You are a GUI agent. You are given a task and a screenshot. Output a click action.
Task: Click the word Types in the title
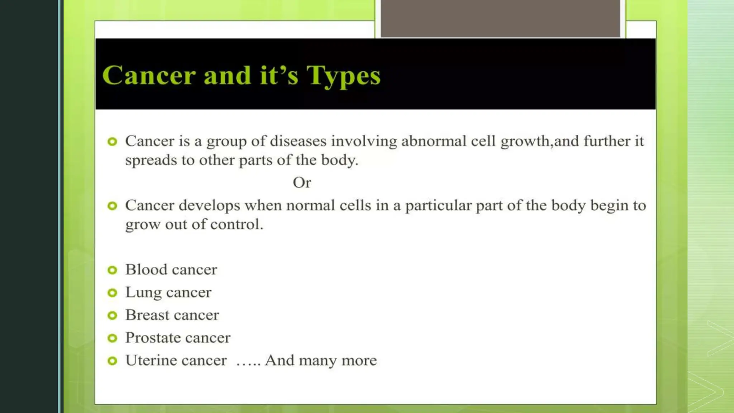(343, 76)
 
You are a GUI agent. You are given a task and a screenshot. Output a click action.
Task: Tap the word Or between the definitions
(302, 183)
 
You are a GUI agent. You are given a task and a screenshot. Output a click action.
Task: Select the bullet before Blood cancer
(112, 270)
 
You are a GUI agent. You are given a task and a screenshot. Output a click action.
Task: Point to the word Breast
(147, 315)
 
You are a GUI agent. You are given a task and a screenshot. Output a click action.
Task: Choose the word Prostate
(153, 338)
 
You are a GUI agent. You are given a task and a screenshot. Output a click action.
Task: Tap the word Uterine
(149, 360)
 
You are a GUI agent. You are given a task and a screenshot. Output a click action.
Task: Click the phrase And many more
(321, 360)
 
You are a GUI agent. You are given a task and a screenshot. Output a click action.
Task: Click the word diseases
(298, 141)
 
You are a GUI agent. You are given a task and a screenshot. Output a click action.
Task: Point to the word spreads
(151, 160)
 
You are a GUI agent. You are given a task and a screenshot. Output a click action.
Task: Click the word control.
(237, 224)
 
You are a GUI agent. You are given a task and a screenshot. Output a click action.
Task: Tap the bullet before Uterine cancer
(112, 361)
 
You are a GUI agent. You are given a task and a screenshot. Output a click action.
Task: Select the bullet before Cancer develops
(112, 206)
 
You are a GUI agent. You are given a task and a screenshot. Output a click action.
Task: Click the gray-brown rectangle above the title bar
(500, 18)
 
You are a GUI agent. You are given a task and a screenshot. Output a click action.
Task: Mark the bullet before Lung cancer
(112, 293)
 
